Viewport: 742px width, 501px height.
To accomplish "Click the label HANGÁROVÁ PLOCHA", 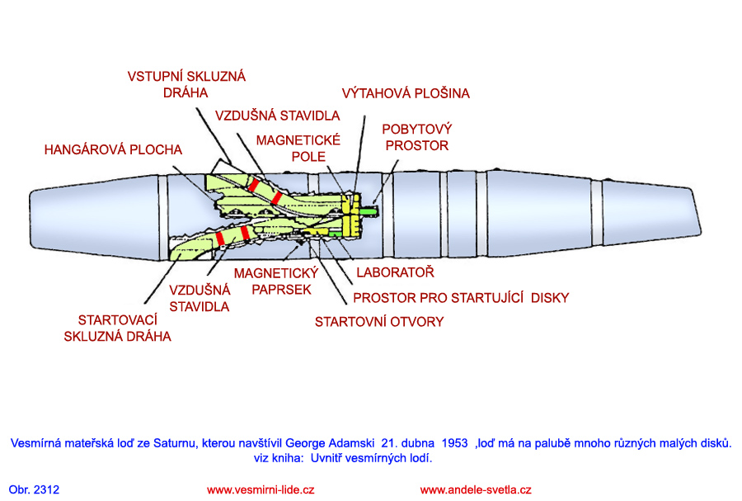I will [x=113, y=149].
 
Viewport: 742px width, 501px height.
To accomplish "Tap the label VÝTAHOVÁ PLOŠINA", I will [x=406, y=93].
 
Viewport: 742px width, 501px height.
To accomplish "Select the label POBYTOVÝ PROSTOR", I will [x=416, y=138].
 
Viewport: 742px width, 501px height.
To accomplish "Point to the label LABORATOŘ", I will [x=394, y=272].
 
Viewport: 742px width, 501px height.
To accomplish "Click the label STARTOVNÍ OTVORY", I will [x=378, y=321].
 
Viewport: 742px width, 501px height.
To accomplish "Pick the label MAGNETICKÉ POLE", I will [x=298, y=149].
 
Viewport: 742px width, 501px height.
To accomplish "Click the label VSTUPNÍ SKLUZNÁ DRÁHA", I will [x=186, y=84].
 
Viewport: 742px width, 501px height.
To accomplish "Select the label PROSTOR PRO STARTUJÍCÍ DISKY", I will [x=461, y=297].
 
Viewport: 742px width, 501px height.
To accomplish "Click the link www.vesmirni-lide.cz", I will [x=261, y=489].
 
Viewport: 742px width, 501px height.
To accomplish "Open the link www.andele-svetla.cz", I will [x=476, y=489].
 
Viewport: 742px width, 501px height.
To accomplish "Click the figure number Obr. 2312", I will [x=35, y=489].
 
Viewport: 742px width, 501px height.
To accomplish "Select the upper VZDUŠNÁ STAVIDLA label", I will [x=277, y=116].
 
